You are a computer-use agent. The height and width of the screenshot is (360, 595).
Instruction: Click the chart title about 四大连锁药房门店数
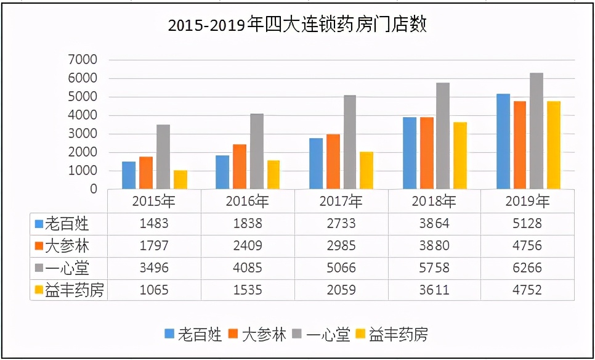point(297,25)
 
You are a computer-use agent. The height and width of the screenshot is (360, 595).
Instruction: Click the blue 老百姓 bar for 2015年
point(128,175)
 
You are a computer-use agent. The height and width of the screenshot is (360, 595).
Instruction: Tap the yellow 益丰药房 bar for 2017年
point(366,170)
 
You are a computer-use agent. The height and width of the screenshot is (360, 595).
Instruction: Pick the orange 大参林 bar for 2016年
point(240,166)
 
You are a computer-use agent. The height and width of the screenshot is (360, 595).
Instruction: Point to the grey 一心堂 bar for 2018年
point(443,136)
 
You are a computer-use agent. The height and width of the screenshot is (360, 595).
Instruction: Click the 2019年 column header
point(527,201)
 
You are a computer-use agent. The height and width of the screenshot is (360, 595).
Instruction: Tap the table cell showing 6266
point(527,268)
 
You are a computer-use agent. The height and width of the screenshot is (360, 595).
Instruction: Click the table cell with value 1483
point(154,223)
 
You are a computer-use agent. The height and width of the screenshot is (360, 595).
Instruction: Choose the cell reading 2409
point(248,246)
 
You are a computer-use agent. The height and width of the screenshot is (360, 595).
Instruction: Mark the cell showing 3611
point(434,290)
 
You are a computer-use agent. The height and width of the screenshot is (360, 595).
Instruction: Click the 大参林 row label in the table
point(68,246)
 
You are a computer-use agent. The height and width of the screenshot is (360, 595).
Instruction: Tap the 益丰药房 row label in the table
point(73,290)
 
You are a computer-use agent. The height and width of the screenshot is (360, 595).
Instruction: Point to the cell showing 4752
point(527,290)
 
